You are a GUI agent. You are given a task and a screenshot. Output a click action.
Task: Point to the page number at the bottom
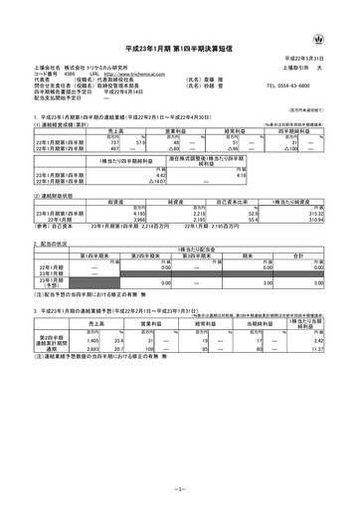coord(179,490)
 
